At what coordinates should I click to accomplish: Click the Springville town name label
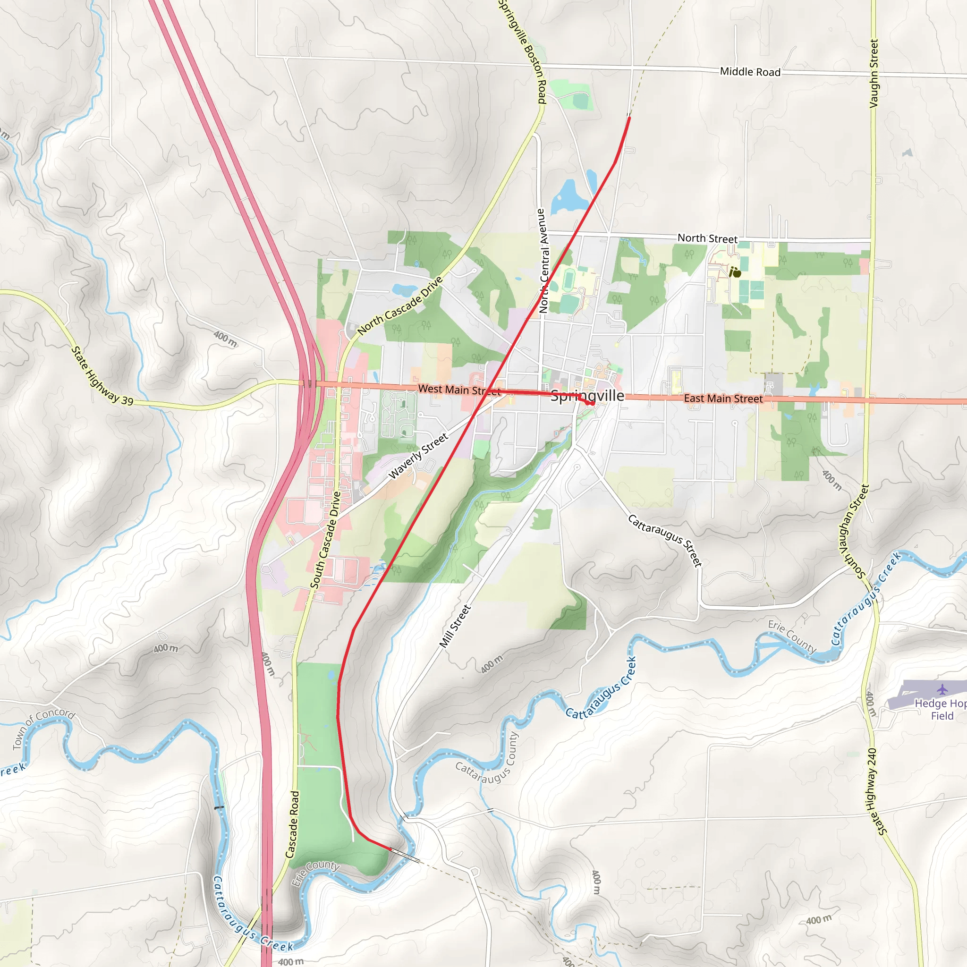(x=587, y=396)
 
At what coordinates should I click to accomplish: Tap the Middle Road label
(x=750, y=72)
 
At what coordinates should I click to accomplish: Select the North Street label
(x=707, y=239)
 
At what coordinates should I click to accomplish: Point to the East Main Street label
(x=723, y=399)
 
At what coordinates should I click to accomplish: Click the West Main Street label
(x=458, y=390)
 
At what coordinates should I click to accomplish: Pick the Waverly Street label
(x=418, y=456)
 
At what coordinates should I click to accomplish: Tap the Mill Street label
(x=455, y=626)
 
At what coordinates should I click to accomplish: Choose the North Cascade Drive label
(x=400, y=306)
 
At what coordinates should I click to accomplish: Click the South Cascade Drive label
(x=325, y=540)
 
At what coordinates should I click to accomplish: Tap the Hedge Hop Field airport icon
(x=942, y=690)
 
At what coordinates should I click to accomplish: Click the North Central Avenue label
(x=543, y=261)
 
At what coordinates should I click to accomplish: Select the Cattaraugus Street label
(x=665, y=541)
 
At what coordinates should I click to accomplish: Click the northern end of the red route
(x=629, y=118)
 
